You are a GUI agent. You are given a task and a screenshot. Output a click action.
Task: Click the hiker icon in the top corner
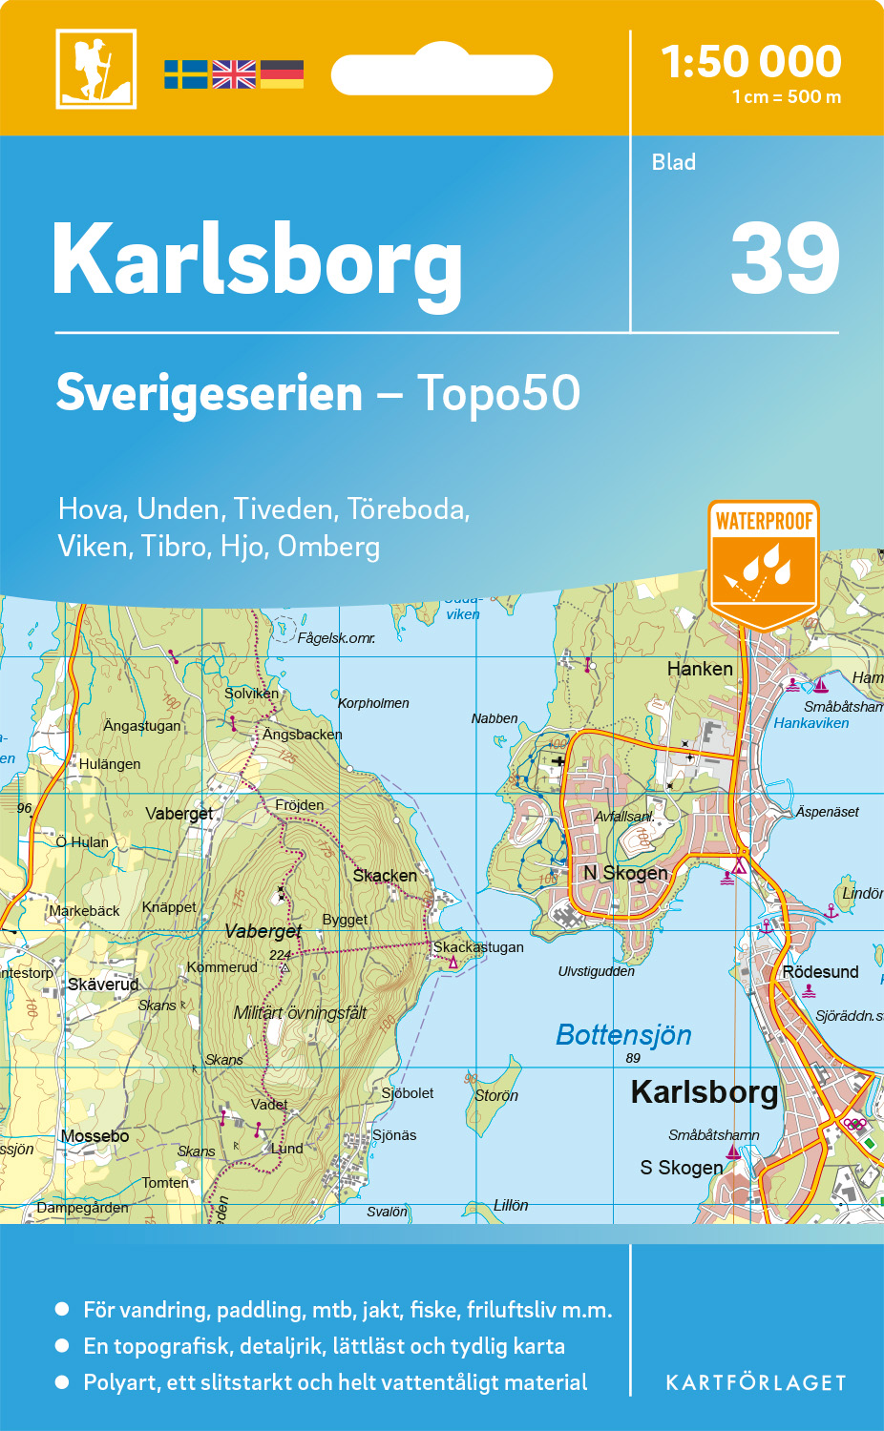click(95, 69)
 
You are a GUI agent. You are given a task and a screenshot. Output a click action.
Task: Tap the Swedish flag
click(185, 74)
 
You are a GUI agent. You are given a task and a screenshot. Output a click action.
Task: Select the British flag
click(234, 74)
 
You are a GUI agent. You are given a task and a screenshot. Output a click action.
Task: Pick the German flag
click(282, 74)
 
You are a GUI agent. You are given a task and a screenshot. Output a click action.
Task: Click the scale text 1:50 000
click(751, 62)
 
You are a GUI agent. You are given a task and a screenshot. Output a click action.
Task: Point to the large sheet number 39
click(785, 259)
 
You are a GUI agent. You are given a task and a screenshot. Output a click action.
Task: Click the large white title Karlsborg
click(258, 260)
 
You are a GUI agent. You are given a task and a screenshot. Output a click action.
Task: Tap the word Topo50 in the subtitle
click(498, 393)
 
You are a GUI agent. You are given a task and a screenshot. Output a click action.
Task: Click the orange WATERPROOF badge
click(764, 563)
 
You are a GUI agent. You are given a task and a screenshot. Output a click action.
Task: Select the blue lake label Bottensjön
click(623, 1035)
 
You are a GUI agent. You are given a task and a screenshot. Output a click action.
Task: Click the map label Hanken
click(700, 669)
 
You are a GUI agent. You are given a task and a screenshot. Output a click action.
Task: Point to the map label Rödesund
click(820, 972)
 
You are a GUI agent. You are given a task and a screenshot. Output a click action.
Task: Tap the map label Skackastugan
click(478, 947)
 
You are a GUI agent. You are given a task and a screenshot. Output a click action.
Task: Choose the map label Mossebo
click(95, 1136)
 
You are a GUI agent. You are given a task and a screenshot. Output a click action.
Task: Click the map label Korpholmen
click(373, 703)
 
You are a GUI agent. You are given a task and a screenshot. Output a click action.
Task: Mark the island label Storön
click(496, 1095)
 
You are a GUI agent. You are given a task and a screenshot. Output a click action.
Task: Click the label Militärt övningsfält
click(300, 1013)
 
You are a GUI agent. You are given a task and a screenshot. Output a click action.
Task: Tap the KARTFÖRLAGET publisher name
click(755, 1383)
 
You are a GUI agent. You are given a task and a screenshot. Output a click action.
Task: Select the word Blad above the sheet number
click(673, 162)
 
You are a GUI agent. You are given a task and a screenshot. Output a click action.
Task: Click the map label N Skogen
click(625, 873)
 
